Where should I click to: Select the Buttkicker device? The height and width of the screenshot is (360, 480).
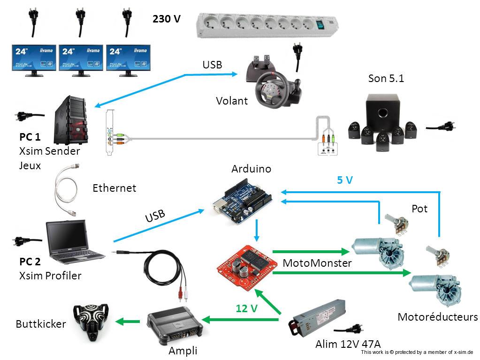click(92, 321)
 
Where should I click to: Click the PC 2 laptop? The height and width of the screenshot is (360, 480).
click(75, 242)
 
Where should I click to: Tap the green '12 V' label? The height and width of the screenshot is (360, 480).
click(247, 308)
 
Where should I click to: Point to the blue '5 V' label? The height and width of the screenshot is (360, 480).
click(345, 180)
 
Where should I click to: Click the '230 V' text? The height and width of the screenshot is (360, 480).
click(167, 19)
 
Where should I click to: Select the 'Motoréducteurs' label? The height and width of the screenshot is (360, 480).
click(437, 317)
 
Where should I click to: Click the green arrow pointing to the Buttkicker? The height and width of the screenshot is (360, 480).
click(129, 321)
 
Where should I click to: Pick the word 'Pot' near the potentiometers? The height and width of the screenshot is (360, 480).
click(419, 209)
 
